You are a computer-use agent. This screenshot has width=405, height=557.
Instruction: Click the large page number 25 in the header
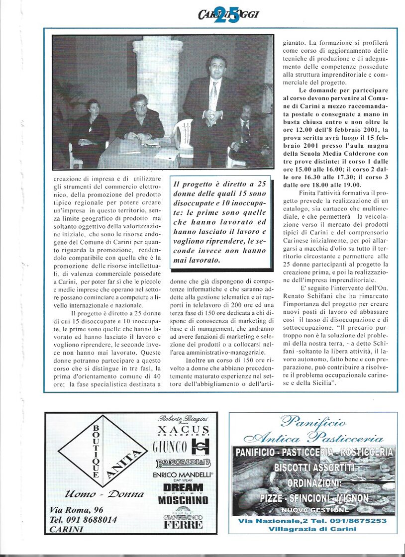tap(228, 14)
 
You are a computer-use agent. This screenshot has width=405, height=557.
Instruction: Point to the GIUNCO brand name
tap(170, 446)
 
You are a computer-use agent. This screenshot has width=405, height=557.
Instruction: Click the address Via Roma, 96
tap(77, 510)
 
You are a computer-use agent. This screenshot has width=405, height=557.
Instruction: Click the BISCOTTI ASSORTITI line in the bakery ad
tap(313, 467)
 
